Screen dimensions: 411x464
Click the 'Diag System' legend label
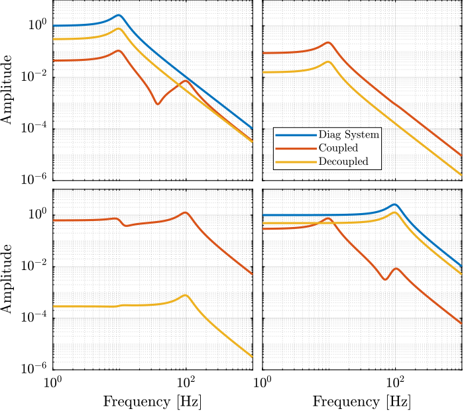(349, 134)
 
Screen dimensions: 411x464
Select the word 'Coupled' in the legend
(338, 148)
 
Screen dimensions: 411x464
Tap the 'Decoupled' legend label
(343, 161)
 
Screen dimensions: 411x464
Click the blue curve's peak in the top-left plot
(119, 15)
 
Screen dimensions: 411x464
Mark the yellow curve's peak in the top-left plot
(119, 28)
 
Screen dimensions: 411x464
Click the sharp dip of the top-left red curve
(157, 103)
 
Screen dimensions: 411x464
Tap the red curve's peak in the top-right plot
(328, 42)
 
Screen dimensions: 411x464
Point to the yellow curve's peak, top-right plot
(328, 62)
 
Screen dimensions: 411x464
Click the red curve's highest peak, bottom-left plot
(186, 212)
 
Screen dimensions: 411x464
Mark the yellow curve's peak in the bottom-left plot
(185, 295)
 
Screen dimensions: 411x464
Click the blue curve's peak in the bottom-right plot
(394, 205)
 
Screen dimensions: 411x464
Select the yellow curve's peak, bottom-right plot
(395, 212)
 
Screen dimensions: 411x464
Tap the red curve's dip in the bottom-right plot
(385, 279)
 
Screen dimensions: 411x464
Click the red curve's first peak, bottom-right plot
(328, 218)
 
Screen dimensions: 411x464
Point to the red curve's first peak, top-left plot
(119, 50)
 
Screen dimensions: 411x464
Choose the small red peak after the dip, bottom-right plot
(396, 268)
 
